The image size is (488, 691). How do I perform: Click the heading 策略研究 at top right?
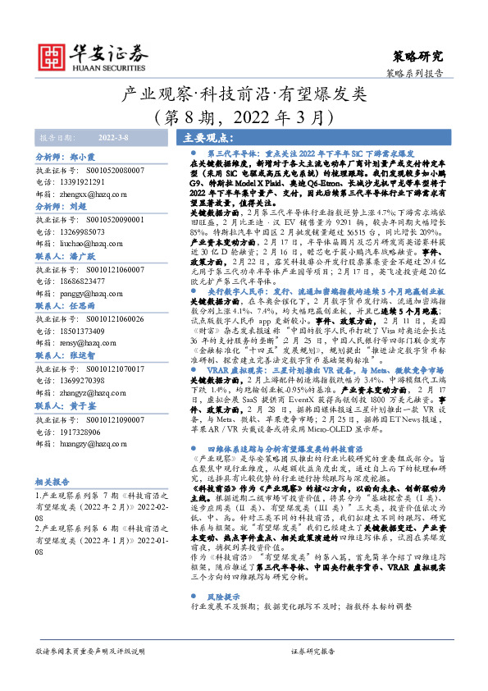[x=418, y=56]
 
